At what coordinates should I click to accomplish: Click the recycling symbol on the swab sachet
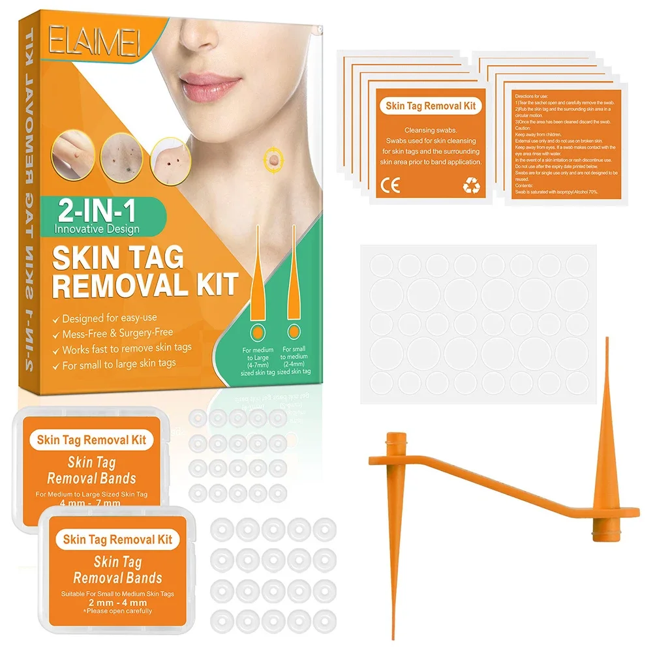point(471,187)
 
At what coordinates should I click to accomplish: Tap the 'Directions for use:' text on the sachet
point(533,95)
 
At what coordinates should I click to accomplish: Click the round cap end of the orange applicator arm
point(395,438)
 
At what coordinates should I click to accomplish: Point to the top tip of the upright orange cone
point(606,341)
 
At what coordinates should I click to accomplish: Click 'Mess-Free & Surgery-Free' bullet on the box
point(118,334)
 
